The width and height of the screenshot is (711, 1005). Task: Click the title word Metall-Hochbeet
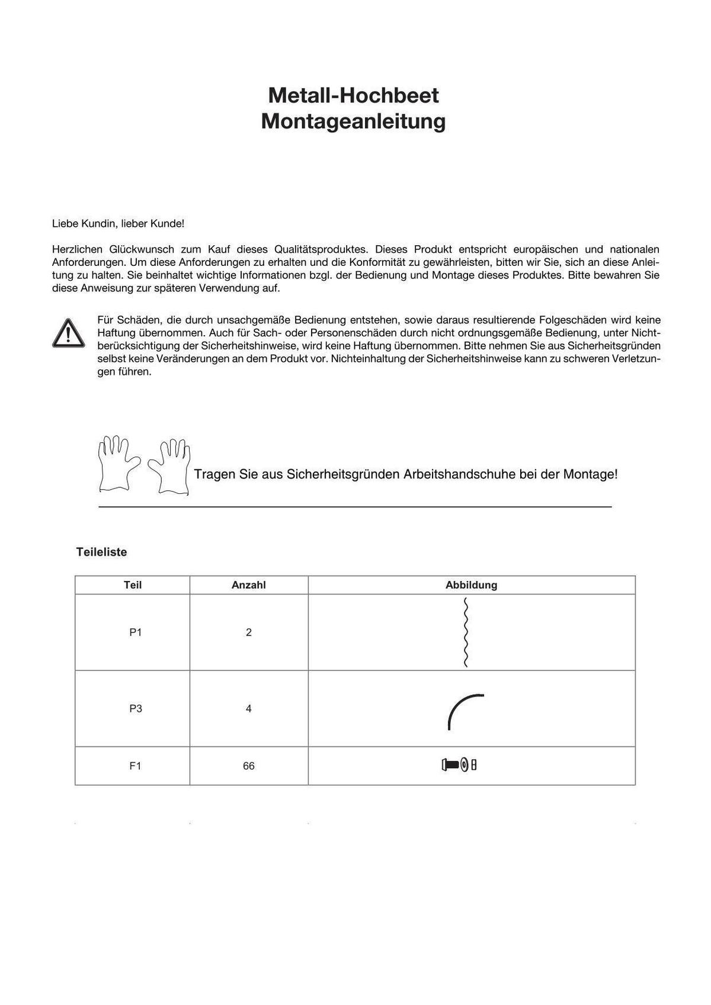(x=353, y=95)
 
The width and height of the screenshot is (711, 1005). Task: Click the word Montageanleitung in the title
(x=353, y=121)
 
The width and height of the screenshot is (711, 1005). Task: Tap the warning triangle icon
(x=68, y=333)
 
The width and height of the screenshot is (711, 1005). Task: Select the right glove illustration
(x=170, y=466)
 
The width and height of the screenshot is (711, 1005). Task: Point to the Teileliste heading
(x=101, y=552)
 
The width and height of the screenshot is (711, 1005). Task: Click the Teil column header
(x=133, y=585)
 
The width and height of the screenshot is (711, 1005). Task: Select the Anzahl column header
(x=248, y=585)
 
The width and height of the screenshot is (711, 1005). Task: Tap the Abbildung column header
(x=471, y=585)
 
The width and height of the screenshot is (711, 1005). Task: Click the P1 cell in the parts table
(x=136, y=632)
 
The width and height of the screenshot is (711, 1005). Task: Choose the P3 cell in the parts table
(x=136, y=709)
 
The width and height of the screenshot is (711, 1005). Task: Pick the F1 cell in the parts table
(x=136, y=766)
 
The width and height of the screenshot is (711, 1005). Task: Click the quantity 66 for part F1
(x=249, y=766)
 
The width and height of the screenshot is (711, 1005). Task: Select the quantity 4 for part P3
(x=249, y=709)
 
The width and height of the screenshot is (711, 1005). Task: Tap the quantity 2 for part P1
(x=249, y=632)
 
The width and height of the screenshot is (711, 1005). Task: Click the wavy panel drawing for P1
(x=466, y=632)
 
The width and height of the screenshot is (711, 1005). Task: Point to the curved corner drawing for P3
(x=463, y=710)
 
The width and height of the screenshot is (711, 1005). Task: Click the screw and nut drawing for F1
(x=459, y=765)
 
